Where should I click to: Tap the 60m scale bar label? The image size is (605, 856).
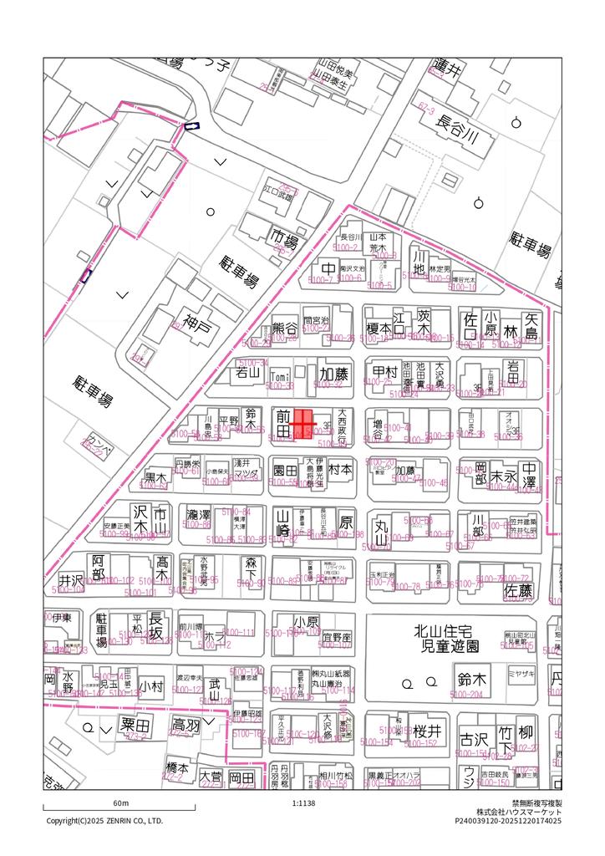click(119, 802)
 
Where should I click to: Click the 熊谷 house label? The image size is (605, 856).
click(285, 329)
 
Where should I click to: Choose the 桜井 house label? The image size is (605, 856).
click(426, 731)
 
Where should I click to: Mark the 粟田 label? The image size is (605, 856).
click(135, 724)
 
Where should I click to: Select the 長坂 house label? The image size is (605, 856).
click(155, 625)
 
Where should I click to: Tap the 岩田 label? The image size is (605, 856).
click(514, 373)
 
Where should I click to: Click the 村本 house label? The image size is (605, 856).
click(340, 470)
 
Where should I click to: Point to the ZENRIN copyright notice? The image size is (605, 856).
click(104, 820)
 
